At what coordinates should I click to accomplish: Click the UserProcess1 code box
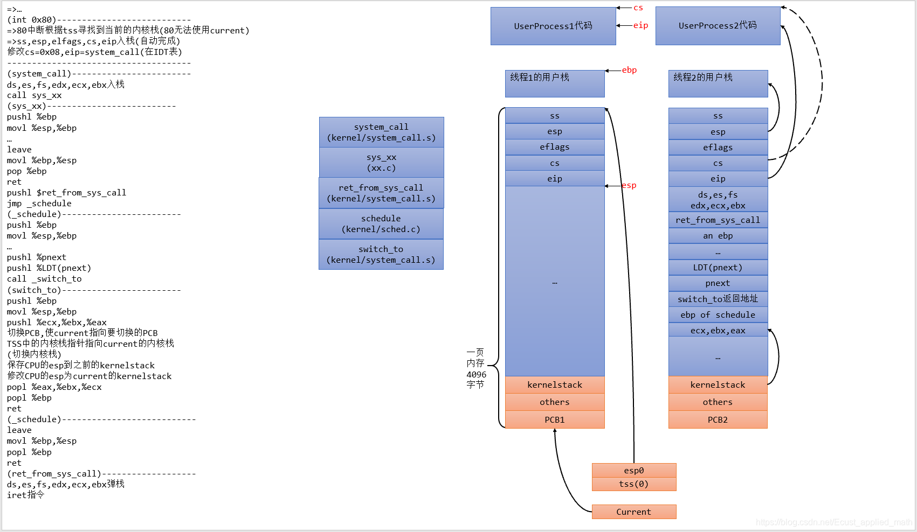coord(553,26)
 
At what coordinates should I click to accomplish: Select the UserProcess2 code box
coord(718,26)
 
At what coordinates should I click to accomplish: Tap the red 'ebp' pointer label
coord(629,70)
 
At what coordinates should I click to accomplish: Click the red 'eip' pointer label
coord(640,25)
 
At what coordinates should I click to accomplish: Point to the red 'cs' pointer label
coord(638,8)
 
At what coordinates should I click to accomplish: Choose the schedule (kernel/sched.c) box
coord(381,224)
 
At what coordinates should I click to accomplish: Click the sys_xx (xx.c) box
coord(381,163)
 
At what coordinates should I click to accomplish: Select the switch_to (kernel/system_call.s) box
coord(381,255)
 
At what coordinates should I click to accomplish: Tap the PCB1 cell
coord(555,420)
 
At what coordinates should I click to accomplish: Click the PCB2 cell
coord(718,420)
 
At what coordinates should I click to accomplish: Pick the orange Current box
coord(633,512)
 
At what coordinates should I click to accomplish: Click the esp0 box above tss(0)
coord(633,471)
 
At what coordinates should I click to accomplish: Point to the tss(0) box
coord(633,484)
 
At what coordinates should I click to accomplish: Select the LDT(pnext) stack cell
coord(718,268)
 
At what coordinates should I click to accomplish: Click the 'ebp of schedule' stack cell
coord(718,315)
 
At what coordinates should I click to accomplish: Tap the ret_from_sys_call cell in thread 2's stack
coord(718,220)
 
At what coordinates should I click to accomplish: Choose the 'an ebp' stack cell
coord(718,236)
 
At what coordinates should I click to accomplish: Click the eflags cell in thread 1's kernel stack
coord(555,147)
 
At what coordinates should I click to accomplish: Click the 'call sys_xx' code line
coord(35,95)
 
